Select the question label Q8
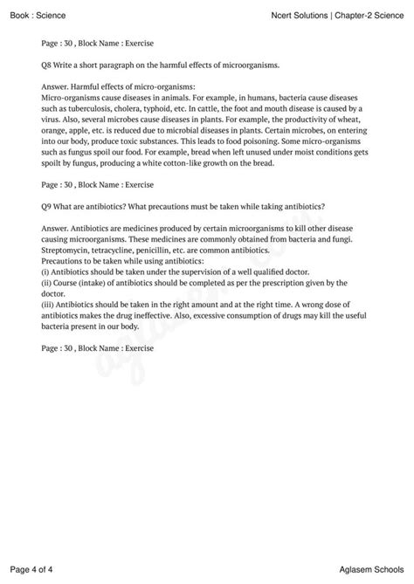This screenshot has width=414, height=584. pyautogui.click(x=48, y=65)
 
